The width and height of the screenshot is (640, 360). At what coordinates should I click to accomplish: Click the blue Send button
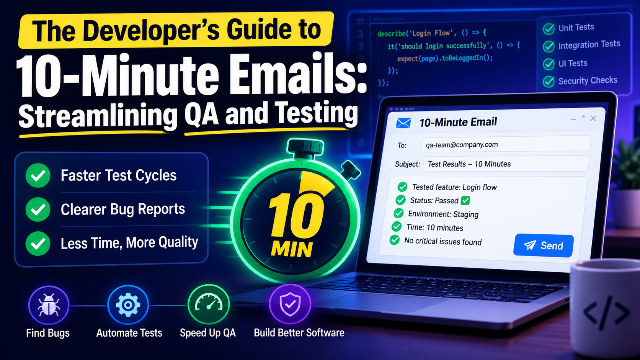pyautogui.click(x=543, y=245)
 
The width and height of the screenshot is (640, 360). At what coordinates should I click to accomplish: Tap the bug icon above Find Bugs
pyautogui.click(x=49, y=305)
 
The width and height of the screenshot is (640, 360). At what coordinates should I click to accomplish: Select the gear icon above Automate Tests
pyautogui.click(x=128, y=305)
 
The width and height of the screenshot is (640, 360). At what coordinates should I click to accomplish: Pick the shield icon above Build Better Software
pyautogui.click(x=290, y=304)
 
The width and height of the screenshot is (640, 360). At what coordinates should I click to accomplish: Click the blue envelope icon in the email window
pyautogui.click(x=403, y=123)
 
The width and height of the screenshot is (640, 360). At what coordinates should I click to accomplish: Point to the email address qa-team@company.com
pyautogui.click(x=462, y=145)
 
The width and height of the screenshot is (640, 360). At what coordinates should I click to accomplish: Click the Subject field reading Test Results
pyautogui.click(x=505, y=164)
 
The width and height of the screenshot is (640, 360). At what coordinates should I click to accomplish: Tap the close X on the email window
pyautogui.click(x=593, y=118)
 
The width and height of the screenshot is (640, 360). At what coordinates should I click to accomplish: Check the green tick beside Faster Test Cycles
pyautogui.click(x=38, y=175)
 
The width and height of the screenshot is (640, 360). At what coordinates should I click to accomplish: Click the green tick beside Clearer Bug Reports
pyautogui.click(x=38, y=209)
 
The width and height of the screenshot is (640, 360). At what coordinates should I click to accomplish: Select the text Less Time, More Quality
pyautogui.click(x=129, y=243)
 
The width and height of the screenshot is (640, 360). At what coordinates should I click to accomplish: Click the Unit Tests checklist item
pyautogui.click(x=568, y=28)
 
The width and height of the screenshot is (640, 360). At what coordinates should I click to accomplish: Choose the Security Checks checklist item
pyautogui.click(x=580, y=81)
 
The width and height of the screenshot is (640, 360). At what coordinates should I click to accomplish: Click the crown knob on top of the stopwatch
pyautogui.click(x=305, y=148)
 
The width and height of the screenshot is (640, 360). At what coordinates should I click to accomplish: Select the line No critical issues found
pyautogui.click(x=443, y=242)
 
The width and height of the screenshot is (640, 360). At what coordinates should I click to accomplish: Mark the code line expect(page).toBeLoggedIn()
pyautogui.click(x=445, y=58)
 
